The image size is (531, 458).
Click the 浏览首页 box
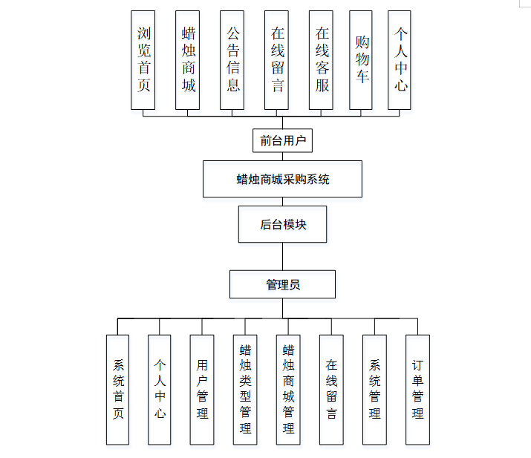pyautogui.click(x=143, y=60)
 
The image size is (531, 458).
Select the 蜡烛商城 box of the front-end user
pyautogui.click(x=188, y=60)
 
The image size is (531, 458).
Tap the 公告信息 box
pyautogui.click(x=232, y=60)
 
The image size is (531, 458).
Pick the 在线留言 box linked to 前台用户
pyautogui.click(x=277, y=60)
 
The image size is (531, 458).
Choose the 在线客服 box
pyautogui.click(x=321, y=60)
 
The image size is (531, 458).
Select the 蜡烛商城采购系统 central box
pyautogui.click(x=282, y=179)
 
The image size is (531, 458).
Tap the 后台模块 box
pyautogui.click(x=282, y=224)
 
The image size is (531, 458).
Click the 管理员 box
pyautogui.click(x=282, y=284)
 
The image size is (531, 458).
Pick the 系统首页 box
pyautogui.click(x=117, y=389)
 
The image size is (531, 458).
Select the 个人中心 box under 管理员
pyautogui.click(x=159, y=389)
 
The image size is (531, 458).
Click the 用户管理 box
pyautogui.click(x=202, y=389)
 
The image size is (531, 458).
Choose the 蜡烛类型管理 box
pyautogui.click(x=245, y=389)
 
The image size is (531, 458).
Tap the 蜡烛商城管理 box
pyautogui.click(x=288, y=389)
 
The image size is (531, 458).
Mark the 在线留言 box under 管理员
pyautogui.click(x=331, y=389)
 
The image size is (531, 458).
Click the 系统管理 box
pyautogui.click(x=374, y=389)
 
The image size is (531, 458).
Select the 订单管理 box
pyautogui.click(x=417, y=389)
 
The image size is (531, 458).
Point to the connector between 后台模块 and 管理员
pyautogui.click(x=282, y=256)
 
